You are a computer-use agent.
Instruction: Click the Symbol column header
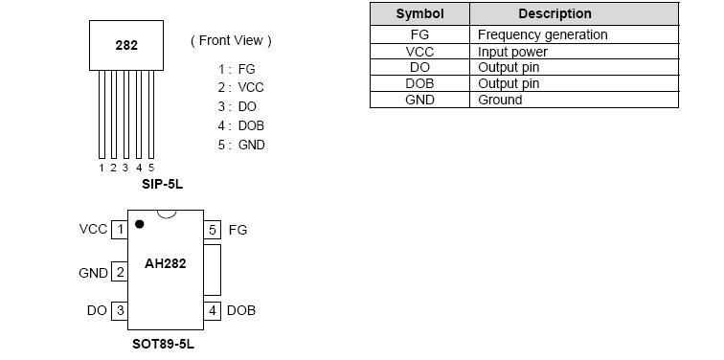coord(419,14)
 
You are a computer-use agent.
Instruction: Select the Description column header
coord(554,14)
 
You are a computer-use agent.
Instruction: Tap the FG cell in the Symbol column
coord(419,34)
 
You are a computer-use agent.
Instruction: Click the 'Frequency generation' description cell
coord(542,34)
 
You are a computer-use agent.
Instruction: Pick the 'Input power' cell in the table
coord(512,52)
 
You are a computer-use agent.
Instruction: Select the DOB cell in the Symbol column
coord(419,83)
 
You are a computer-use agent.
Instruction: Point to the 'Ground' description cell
coord(500,100)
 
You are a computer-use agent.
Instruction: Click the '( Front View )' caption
coord(231,41)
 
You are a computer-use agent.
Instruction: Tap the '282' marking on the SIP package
coord(126,45)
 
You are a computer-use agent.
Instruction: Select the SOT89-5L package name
coord(163,343)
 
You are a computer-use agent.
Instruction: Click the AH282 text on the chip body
coord(165,264)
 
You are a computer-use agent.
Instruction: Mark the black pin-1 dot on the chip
coord(140,224)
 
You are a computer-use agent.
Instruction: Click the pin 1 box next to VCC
coord(120,230)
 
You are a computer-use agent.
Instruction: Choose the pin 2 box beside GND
coord(120,273)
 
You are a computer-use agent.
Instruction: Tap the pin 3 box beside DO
coord(120,311)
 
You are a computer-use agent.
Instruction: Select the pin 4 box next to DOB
coord(213,311)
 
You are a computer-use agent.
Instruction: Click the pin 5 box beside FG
coord(213,230)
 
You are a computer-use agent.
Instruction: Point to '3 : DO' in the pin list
coord(238,106)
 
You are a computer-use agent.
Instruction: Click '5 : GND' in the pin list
coord(241,145)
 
